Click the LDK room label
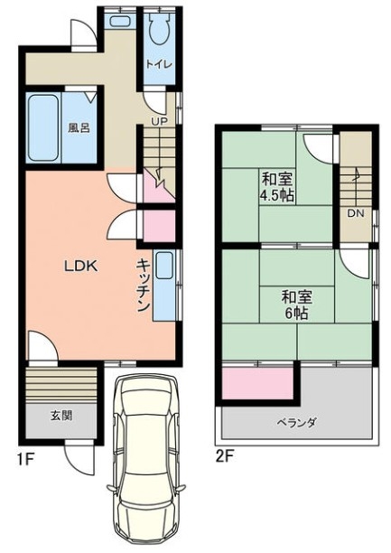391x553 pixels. [x=80, y=266]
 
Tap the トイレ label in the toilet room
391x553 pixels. [x=159, y=64]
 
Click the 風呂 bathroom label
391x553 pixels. [x=79, y=128]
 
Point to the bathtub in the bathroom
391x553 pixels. [x=43, y=127]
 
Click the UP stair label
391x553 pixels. [x=159, y=121]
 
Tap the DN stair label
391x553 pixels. [x=356, y=213]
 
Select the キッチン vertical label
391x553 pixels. [x=144, y=286]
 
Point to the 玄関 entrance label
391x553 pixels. [x=61, y=416]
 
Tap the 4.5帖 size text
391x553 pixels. [x=276, y=195]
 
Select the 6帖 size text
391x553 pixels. [x=296, y=314]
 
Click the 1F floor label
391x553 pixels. [x=25, y=458]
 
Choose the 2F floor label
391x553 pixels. [x=225, y=456]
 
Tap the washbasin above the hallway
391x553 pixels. [x=120, y=21]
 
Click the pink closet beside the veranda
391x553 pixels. [x=257, y=383]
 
